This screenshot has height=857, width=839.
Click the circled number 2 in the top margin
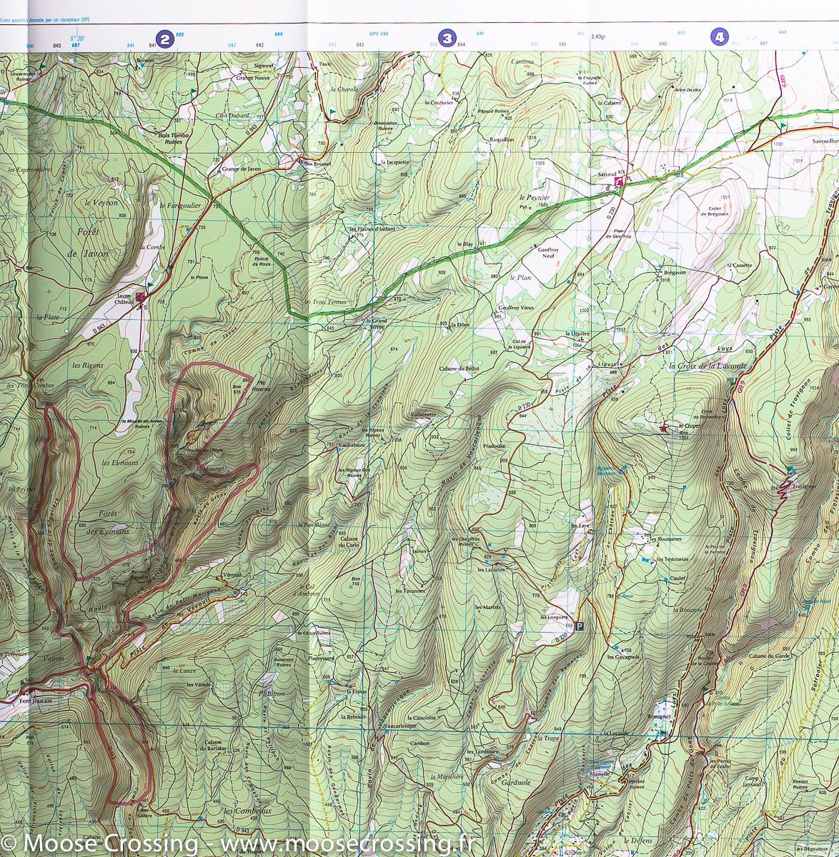(x=164, y=39)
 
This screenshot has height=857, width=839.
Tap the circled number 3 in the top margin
(x=447, y=38)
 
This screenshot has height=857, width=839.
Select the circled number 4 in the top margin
(x=719, y=36)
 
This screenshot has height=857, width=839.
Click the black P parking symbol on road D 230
(x=580, y=626)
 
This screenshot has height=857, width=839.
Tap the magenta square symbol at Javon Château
(x=140, y=297)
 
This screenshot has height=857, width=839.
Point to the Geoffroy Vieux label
(x=515, y=307)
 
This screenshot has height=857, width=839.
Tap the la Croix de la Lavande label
(x=707, y=366)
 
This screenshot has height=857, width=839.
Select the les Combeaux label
(x=247, y=811)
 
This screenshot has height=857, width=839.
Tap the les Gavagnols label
(x=623, y=656)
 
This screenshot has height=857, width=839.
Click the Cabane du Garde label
(x=768, y=656)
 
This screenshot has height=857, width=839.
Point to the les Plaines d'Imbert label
(x=372, y=229)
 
